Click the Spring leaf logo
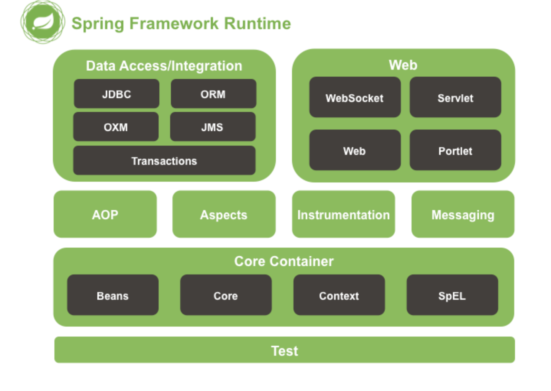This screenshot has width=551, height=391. click(x=43, y=22)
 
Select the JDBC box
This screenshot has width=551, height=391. click(x=116, y=94)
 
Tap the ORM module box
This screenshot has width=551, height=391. click(x=213, y=94)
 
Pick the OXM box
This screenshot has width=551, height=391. click(x=116, y=127)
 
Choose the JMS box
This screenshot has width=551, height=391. click(x=213, y=127)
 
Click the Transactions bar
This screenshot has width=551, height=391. click(x=164, y=161)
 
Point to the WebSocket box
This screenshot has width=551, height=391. click(x=355, y=97)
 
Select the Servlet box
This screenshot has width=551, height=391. click(x=455, y=97)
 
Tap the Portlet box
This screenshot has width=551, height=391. click(x=455, y=150)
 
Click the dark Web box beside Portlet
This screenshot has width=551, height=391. click(x=355, y=150)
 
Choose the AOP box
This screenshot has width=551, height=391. click(x=105, y=214)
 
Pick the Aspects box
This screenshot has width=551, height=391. click(x=224, y=214)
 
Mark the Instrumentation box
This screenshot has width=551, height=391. click(x=343, y=214)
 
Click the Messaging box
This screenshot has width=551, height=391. click(x=463, y=214)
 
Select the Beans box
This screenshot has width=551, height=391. click(x=113, y=295)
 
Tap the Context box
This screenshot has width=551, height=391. click(x=339, y=295)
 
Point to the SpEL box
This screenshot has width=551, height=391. click(x=452, y=295)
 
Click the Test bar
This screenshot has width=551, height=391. click(x=284, y=350)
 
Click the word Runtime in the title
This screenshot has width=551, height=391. click(x=257, y=23)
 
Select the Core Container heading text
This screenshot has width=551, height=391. click(x=284, y=261)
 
